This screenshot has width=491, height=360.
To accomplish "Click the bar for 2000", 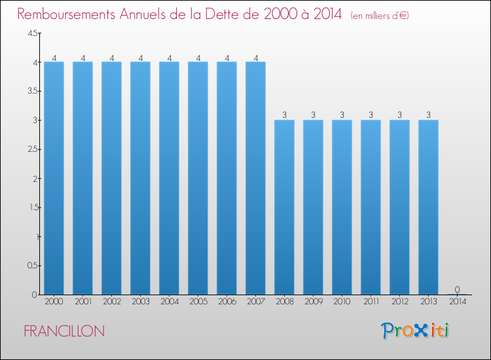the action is coord(54,178).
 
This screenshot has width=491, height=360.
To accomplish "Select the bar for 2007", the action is coord(255,178).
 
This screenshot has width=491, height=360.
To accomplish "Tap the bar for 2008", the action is coord(284,207).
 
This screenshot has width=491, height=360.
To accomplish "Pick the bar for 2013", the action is coord(428,207).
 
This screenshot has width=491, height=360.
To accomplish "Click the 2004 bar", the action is coord(169,178).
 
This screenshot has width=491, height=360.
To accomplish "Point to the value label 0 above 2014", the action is coord(457,289).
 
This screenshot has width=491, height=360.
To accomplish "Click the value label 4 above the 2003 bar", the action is coord(141,58).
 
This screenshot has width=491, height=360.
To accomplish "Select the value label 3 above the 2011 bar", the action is coord(371,115).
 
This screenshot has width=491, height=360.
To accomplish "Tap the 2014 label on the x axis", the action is coord(458,302).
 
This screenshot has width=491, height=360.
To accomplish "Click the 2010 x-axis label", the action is coord(342,302).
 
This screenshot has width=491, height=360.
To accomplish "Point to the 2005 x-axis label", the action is coord(198,302).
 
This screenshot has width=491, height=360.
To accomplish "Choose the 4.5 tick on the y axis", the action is coord(33,33).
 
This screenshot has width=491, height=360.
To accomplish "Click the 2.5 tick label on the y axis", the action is coord(33,149).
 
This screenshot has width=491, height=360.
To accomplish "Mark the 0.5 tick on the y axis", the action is coord(33,266).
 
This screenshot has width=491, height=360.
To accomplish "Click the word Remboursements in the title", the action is coord(66,14).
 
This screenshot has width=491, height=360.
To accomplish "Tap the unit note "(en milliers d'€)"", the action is coord(380,16).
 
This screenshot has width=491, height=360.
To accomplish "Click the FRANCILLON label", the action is coord(64,331).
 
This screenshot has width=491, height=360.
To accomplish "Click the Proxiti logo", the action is coord(415,331).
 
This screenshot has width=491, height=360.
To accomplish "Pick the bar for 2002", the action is coord(111,178).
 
